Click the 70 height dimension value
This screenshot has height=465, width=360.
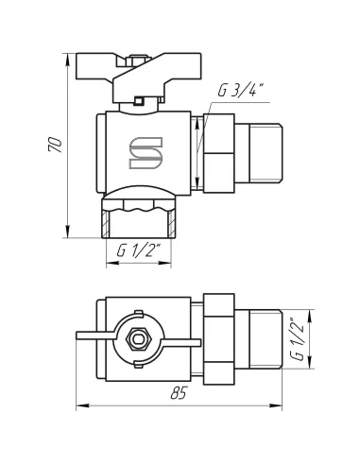pyautogui.click(x=55, y=145)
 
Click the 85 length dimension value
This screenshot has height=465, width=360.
pyautogui.click(x=179, y=392)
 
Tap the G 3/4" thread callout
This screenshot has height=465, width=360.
pyautogui.click(x=241, y=91)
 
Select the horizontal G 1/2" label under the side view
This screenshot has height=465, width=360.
pyautogui.click(x=139, y=251)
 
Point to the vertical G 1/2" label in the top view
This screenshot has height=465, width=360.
pyautogui.click(x=297, y=340)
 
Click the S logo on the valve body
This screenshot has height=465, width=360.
pyautogui.click(x=146, y=153)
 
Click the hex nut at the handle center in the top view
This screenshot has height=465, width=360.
pyautogui.click(x=139, y=339)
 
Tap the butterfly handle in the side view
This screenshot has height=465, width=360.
pyautogui.click(x=139, y=77)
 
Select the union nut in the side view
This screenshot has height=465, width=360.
pyautogui.click(x=219, y=153)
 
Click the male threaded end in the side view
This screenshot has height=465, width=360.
pyautogui.click(x=259, y=153)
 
